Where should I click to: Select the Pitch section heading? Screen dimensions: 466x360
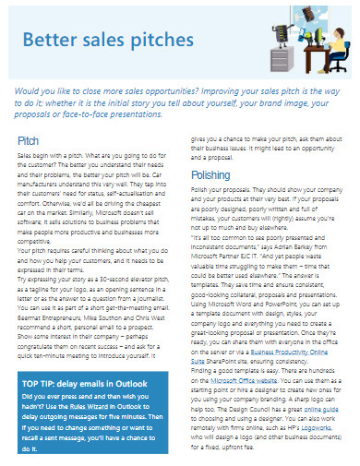[x=29, y=140]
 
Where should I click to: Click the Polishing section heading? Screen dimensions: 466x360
[x=210, y=174]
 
